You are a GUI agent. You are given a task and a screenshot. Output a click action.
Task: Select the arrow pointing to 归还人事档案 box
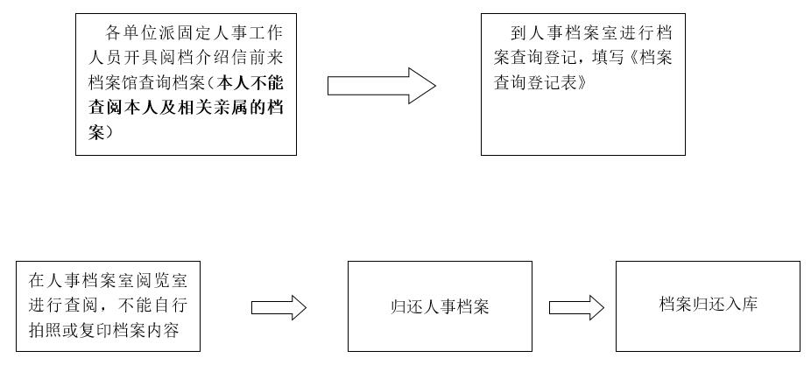point(279,307)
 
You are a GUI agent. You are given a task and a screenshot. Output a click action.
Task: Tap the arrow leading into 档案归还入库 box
point(576,307)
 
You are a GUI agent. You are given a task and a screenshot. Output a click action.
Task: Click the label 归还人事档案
point(427,307)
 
